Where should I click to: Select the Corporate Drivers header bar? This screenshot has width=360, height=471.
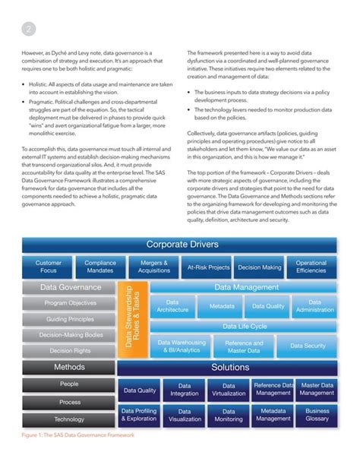click(x=179, y=245)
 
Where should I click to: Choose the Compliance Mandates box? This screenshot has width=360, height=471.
click(x=100, y=267)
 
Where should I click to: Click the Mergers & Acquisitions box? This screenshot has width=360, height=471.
click(x=154, y=267)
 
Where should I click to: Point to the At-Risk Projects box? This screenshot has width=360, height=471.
click(x=207, y=267)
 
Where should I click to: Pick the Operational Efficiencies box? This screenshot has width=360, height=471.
click(x=311, y=267)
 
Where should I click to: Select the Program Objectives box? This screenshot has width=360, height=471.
click(x=69, y=303)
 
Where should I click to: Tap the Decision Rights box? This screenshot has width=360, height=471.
click(x=69, y=351)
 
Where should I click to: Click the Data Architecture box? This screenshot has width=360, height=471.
click(x=172, y=306)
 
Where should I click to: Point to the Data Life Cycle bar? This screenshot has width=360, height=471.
click(x=244, y=327)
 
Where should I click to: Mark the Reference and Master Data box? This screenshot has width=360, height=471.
click(x=243, y=346)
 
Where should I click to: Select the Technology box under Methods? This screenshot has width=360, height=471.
click(x=69, y=419)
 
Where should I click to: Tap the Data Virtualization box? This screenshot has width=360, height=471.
click(x=229, y=390)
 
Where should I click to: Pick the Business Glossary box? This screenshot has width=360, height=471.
click(x=317, y=415)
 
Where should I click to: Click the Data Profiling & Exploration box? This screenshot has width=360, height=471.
click(x=139, y=415)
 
